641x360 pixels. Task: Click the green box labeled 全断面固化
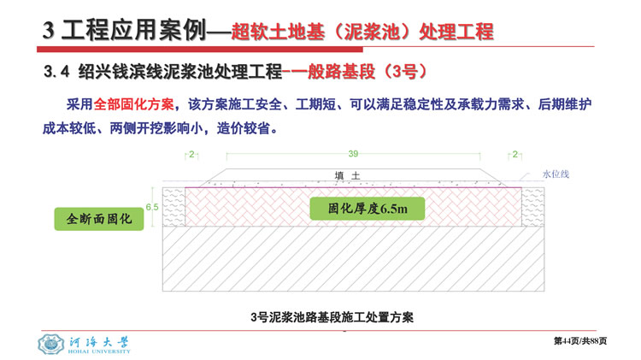click(99, 219)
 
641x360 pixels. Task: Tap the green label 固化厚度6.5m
click(368, 209)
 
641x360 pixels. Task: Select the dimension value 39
click(353, 154)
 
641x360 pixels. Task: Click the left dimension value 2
click(191, 155)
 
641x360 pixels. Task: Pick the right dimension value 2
click(515, 155)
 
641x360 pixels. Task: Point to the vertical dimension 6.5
click(152, 207)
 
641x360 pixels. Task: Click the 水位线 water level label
click(556, 174)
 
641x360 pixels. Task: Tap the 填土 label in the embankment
click(348, 176)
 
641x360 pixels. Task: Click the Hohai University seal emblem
click(50, 344)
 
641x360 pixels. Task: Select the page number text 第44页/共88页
click(580, 341)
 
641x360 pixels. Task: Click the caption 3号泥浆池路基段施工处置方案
click(332, 317)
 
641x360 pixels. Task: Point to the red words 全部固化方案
click(133, 104)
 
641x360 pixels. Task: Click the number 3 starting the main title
click(48, 31)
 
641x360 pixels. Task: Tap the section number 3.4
click(56, 72)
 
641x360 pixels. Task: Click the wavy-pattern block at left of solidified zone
click(173, 207)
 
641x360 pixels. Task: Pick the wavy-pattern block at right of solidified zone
click(532, 207)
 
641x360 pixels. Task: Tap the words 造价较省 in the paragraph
click(243, 128)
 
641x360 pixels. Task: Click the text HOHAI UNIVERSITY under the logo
click(99, 351)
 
